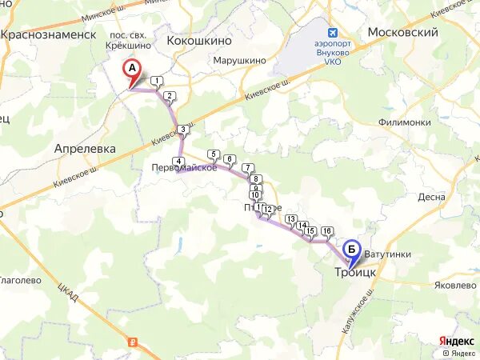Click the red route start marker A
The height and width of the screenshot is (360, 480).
coord(134,70)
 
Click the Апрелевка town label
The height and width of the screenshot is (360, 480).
coord(85,149)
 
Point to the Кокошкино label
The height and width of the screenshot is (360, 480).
coord(199,39)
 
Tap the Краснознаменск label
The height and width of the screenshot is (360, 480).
coord(49,34)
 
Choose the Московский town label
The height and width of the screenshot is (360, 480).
coord(402,33)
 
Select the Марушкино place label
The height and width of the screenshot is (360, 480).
coord(239,59)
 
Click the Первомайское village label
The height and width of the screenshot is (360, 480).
coord(185,167)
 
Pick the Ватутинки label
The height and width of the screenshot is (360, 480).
coord(387,254)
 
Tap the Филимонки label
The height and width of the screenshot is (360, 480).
coord(406,122)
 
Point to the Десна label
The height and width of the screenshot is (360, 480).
coord(430,197)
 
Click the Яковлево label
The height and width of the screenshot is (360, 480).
coord(454,284)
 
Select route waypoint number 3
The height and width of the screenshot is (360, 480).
coord(183,130)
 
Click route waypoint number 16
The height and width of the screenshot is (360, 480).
coord(326,231)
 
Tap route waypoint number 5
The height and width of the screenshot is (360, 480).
coord(213,154)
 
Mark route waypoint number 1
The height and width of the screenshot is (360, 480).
coord(158,80)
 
